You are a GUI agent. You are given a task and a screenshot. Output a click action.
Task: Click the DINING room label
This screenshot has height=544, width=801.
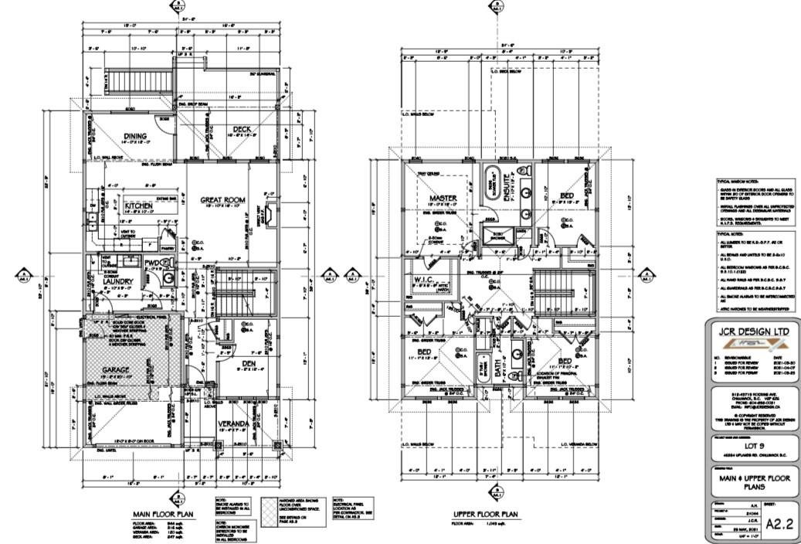135,137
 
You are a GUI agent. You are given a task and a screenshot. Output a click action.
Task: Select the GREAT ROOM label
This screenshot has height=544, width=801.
222,200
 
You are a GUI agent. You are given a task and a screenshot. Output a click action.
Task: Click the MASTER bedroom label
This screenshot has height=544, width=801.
443,198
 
